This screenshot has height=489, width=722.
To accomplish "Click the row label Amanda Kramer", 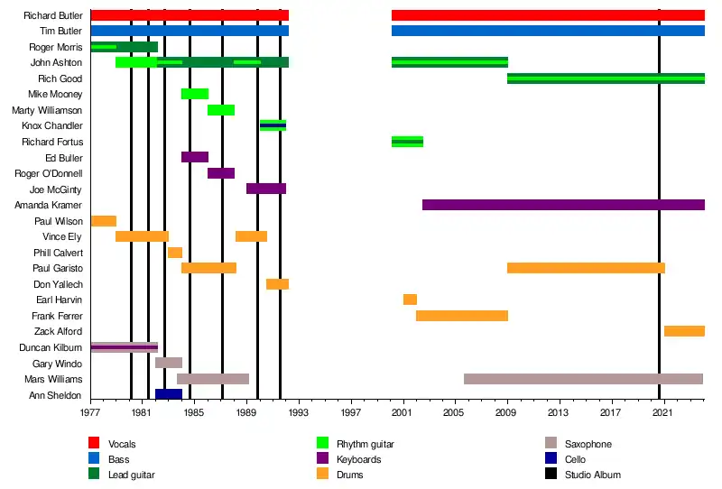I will (x=54, y=206).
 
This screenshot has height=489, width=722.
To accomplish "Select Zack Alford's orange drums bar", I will (x=684, y=331).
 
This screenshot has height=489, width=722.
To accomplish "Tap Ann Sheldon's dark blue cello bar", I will (x=169, y=394).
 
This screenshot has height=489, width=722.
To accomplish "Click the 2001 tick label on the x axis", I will (x=403, y=412).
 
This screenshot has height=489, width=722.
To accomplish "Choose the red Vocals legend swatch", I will (x=93, y=444).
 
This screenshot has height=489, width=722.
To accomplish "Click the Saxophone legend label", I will (x=588, y=444).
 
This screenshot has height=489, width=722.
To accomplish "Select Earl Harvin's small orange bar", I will (x=410, y=300).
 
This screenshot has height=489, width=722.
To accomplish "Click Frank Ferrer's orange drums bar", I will (x=462, y=316).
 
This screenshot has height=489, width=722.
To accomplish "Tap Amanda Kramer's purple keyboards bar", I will (x=563, y=205).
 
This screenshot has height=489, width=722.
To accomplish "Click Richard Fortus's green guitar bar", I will (x=407, y=142).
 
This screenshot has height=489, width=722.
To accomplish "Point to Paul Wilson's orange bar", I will (x=104, y=221).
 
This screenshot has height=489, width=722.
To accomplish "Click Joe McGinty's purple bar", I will (x=266, y=189).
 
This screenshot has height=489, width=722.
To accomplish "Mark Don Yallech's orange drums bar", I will (x=277, y=284).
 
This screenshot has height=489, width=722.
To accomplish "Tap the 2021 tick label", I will (x=663, y=412).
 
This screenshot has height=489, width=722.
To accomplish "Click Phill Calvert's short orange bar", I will (x=175, y=253).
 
